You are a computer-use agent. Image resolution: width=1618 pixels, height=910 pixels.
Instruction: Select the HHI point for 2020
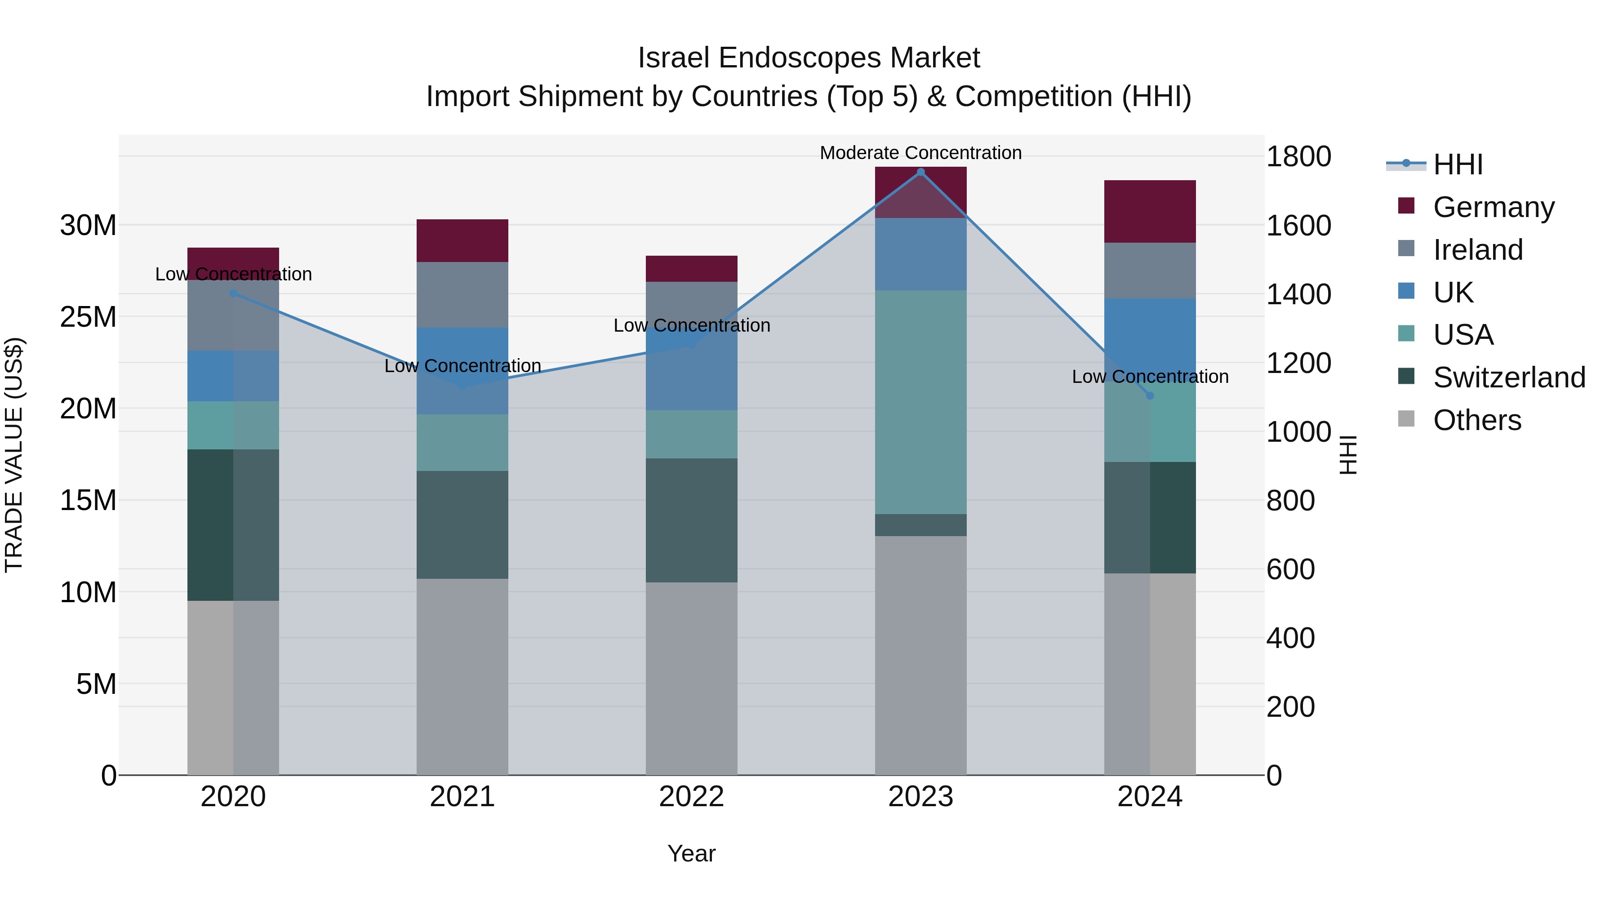[x=233, y=293]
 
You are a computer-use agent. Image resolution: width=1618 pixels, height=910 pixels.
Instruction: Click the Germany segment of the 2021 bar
[x=462, y=240]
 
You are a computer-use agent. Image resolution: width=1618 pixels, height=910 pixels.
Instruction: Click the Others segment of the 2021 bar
[x=462, y=676]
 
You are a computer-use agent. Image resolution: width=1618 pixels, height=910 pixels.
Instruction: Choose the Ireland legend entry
[x=1477, y=249]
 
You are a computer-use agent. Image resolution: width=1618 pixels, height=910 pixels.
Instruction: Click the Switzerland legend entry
[x=1509, y=377]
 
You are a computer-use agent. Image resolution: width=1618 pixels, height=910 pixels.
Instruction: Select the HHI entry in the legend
[x=1457, y=164]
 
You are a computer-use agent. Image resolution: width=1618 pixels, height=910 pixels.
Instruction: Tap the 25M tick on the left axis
[x=88, y=316]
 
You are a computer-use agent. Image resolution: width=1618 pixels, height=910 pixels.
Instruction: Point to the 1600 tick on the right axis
[x=1298, y=226]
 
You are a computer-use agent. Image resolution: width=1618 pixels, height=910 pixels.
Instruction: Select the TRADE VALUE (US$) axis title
[x=14, y=455]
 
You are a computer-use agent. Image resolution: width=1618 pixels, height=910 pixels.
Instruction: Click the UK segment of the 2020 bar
[x=233, y=376]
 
